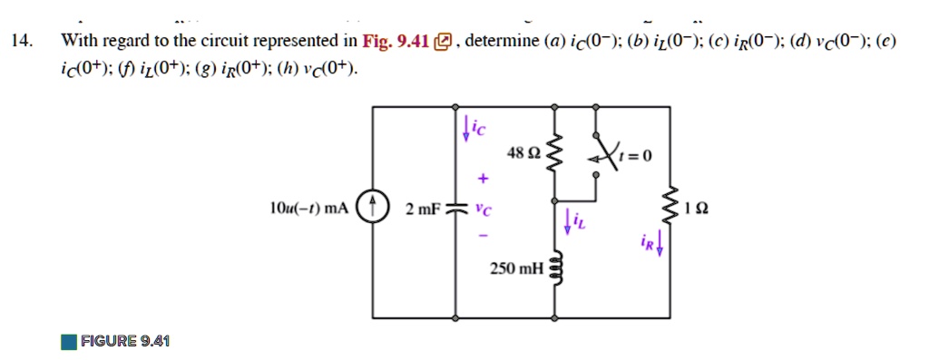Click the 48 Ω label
click(524, 154)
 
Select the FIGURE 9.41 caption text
click(124, 341)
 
